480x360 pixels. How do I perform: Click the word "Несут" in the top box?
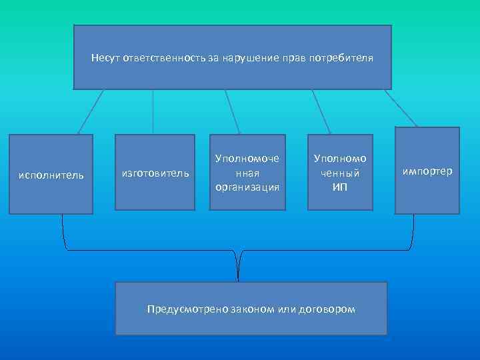click(105, 58)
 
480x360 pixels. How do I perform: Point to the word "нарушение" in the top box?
click(247, 58)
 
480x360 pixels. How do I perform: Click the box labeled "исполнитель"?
click(51, 175)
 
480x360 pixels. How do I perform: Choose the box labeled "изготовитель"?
click(155, 173)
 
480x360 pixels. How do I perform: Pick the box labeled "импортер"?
click(427, 171)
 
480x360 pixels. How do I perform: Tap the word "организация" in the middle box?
click(247, 187)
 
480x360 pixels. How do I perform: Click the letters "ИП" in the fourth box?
click(339, 187)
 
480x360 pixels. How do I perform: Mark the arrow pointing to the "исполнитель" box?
click(91, 111)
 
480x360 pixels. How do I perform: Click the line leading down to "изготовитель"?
click(153, 112)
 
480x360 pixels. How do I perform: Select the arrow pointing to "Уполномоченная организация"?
click(233, 112)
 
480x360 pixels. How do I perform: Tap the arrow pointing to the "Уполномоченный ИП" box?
click(321, 112)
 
